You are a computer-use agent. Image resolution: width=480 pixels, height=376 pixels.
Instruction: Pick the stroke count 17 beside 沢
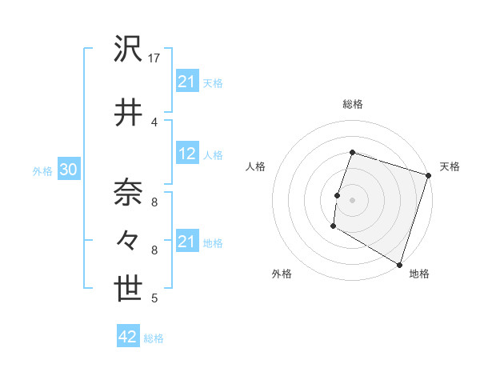click(155, 58)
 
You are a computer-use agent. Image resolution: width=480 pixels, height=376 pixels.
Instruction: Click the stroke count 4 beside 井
click(154, 122)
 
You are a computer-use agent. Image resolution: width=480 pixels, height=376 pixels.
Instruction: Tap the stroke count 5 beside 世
click(154, 299)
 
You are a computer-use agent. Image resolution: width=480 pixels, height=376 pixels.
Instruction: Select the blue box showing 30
click(68, 170)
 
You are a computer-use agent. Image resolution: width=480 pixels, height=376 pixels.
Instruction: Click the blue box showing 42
click(128, 338)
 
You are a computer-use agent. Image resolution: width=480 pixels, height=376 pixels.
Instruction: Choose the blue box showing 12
click(187, 154)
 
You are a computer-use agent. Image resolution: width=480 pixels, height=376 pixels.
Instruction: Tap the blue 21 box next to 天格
click(187, 82)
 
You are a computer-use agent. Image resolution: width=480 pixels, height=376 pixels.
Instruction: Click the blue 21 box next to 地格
click(187, 242)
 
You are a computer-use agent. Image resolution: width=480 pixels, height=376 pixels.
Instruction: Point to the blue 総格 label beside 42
click(154, 338)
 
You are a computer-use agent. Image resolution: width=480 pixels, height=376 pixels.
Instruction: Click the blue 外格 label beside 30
click(42, 171)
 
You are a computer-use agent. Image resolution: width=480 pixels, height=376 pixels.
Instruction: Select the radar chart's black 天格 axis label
click(450, 166)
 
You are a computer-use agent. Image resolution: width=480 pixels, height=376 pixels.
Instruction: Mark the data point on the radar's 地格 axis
click(399, 264)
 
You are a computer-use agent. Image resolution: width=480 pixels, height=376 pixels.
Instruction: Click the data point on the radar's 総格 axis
click(352, 152)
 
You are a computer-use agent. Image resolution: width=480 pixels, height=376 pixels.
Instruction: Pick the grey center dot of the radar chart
click(352, 199)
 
